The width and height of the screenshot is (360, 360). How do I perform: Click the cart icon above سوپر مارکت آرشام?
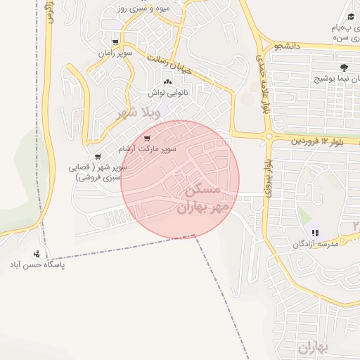point(146,138)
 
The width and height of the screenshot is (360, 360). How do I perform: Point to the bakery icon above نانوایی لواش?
point(167,82)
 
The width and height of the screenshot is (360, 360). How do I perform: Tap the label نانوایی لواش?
point(164,93)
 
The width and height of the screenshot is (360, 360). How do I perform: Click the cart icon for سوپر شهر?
point(97,156)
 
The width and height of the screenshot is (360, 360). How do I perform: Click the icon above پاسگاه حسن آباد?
point(37,254)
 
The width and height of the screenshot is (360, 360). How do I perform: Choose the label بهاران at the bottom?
point(313,347)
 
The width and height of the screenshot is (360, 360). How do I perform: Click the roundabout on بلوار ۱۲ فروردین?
point(269,136)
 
